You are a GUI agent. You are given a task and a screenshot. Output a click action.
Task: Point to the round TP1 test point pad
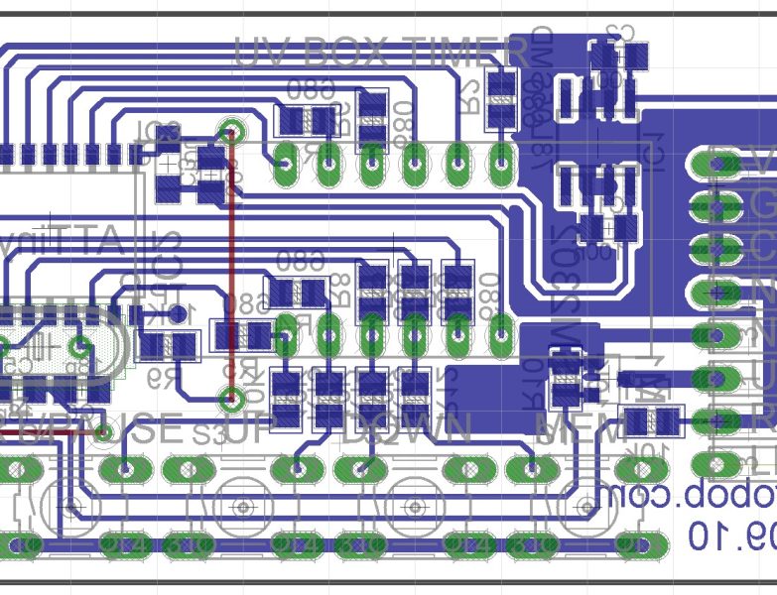point(180,314)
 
